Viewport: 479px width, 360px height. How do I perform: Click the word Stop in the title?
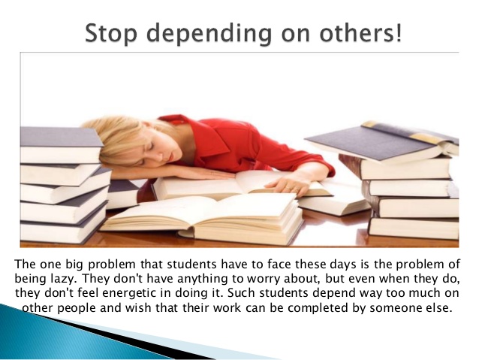(x=110, y=33)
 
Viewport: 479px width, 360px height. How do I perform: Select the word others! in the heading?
(x=360, y=33)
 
